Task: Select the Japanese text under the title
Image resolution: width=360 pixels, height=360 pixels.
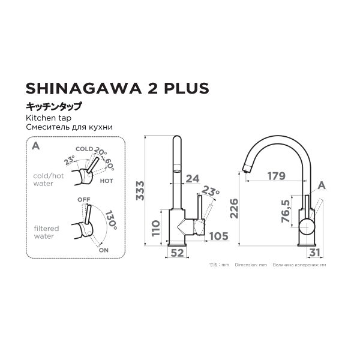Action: pyautogui.click(x=53, y=107)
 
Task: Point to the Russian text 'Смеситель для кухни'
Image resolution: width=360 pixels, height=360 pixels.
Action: pyautogui.click(x=70, y=128)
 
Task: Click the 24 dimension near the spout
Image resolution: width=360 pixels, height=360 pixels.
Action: pyautogui.click(x=193, y=178)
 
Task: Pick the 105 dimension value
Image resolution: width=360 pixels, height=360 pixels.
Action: pyautogui.click(x=218, y=236)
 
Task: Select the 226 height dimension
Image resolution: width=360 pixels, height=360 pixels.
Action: pyautogui.click(x=235, y=209)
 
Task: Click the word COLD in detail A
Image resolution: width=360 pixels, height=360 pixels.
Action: pyautogui.click(x=83, y=149)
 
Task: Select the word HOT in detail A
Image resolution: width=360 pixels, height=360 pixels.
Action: pyautogui.click(x=106, y=180)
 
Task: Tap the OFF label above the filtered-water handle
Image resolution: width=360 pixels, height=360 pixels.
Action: pyautogui.click(x=83, y=199)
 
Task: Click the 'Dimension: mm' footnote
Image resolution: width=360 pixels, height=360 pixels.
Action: pyautogui.click(x=251, y=265)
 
